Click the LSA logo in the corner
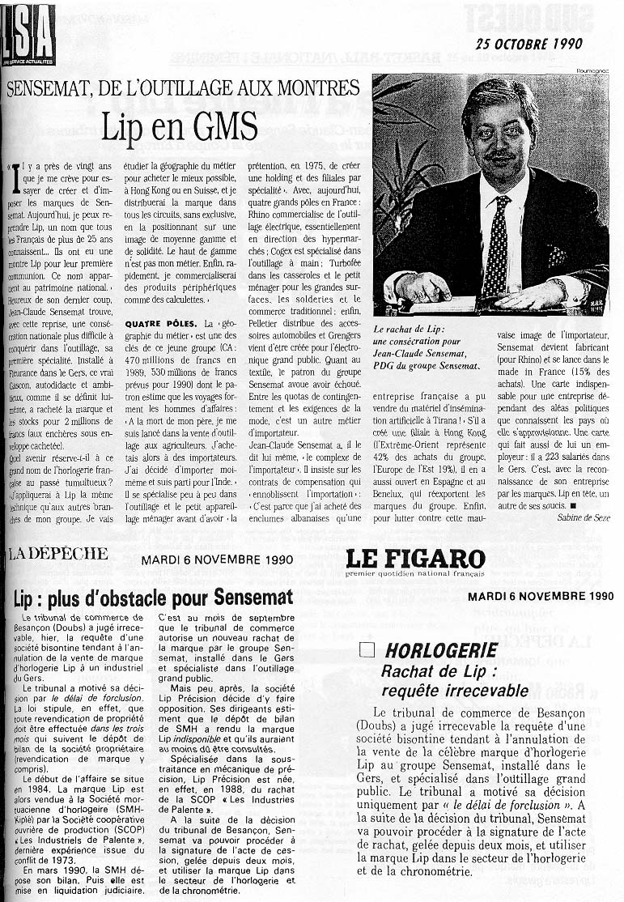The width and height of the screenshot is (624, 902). click(28, 33)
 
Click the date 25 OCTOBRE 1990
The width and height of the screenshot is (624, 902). click(529, 44)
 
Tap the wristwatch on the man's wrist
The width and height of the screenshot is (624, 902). click(558, 286)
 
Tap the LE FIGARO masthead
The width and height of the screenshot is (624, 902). click(415, 559)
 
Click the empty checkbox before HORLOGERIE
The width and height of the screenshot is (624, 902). click(367, 649)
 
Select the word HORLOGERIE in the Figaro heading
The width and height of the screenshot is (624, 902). click(441, 650)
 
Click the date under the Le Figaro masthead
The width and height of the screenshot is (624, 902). click(540, 597)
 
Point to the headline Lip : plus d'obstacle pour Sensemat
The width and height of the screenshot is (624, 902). click(153, 599)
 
